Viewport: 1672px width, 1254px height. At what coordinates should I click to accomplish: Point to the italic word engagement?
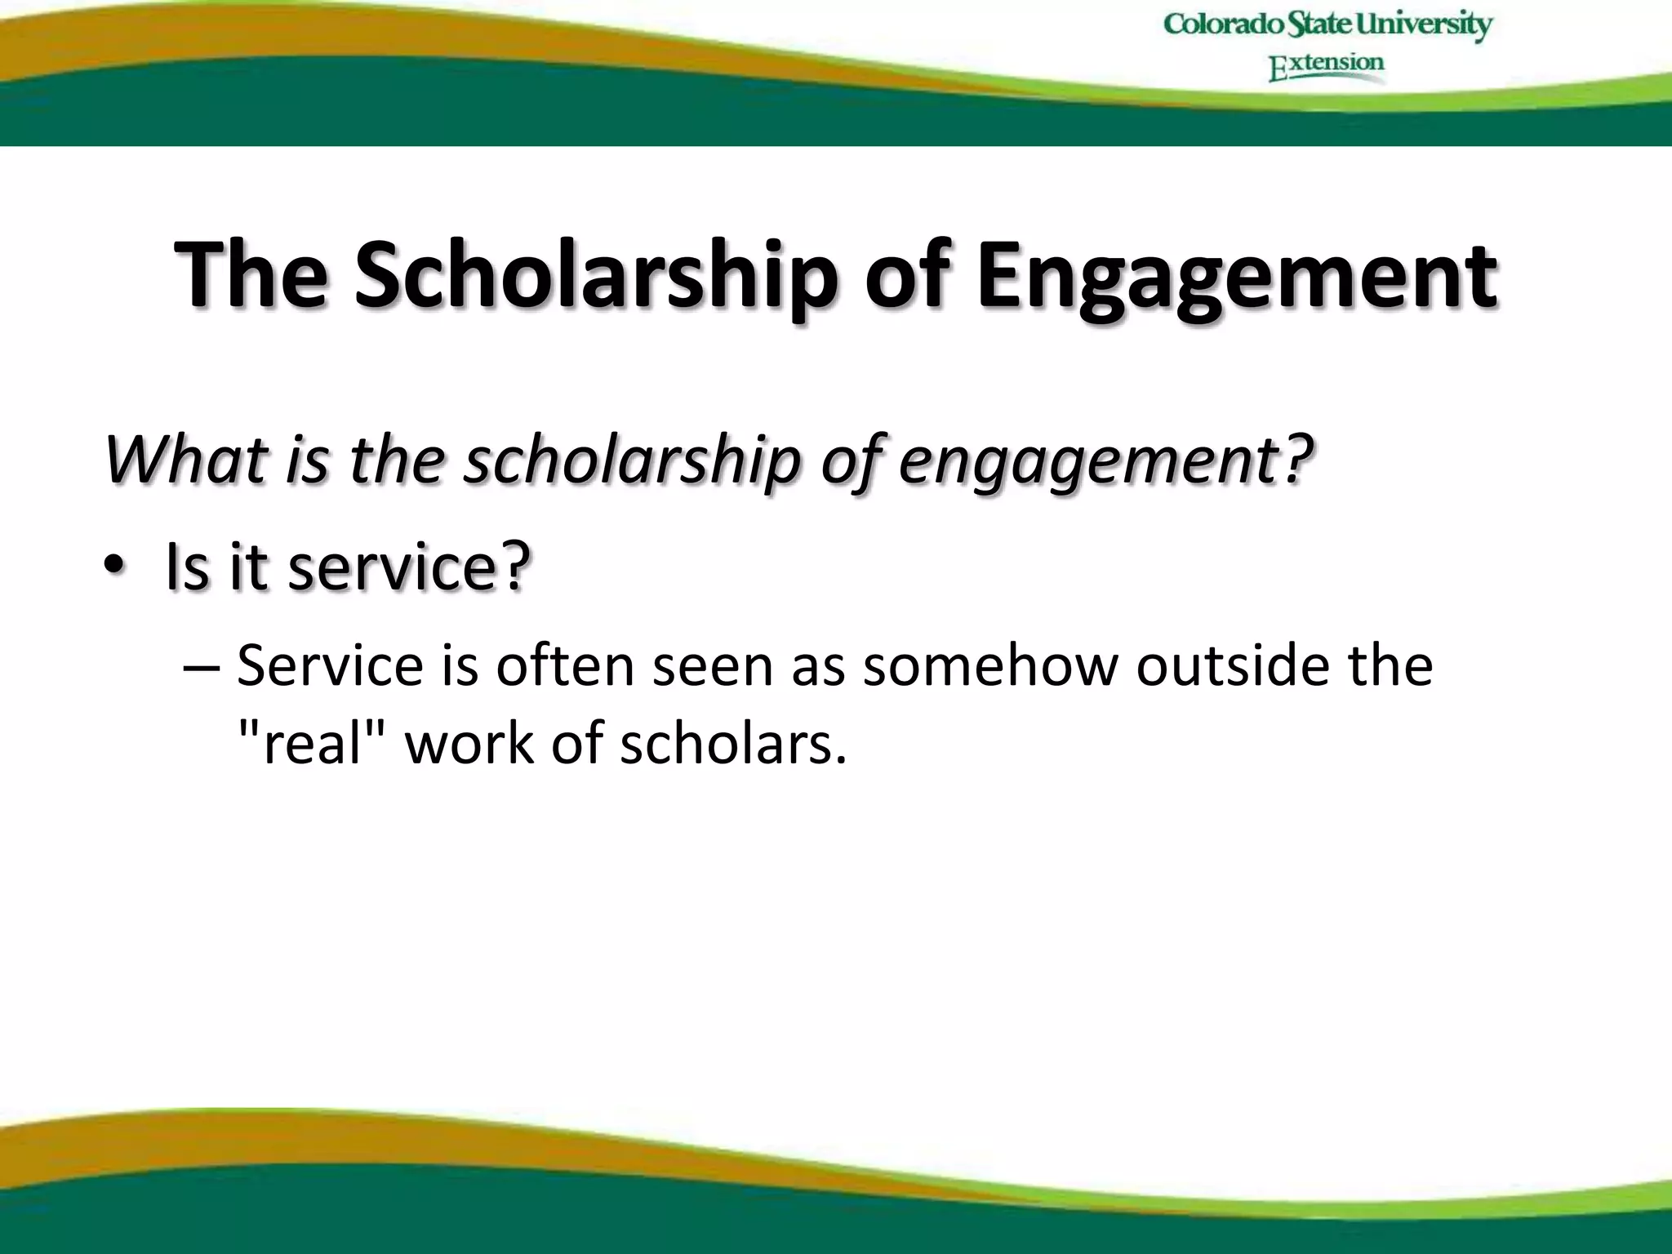click(1106, 459)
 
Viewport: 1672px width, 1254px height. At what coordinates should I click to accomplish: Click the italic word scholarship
click(633, 459)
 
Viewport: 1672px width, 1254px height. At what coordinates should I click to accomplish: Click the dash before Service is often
click(201, 666)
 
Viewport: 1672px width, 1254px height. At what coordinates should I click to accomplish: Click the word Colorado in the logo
click(1223, 24)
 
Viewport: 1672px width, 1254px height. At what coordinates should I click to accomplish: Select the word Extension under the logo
click(1327, 65)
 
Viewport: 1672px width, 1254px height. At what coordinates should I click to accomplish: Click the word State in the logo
click(1319, 24)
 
